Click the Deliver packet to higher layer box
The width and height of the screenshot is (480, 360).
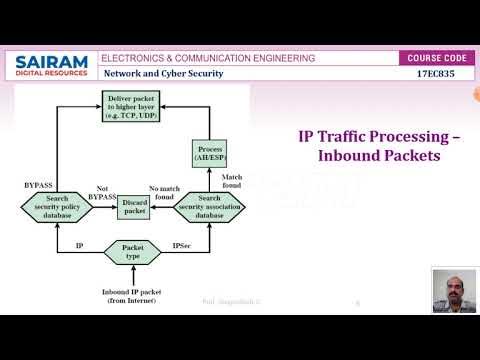point(130,104)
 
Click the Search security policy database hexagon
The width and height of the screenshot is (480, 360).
point(57,206)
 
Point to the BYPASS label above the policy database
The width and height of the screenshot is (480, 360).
point(38,185)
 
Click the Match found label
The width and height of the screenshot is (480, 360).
point(232,180)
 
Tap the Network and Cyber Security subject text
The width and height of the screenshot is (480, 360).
point(164,74)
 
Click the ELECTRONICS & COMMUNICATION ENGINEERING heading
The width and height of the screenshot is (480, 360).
point(209,58)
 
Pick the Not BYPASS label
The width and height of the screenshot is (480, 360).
point(101,192)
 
